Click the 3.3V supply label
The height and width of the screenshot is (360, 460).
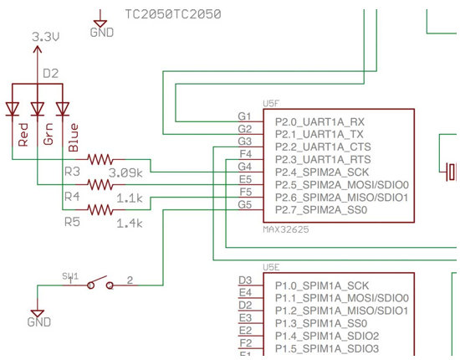pyautogui.click(x=45, y=37)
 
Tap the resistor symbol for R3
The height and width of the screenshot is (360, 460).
pyautogui.click(x=100, y=159)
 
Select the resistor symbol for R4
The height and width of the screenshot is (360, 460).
pyautogui.click(x=100, y=185)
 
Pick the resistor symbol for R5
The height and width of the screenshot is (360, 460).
pyautogui.click(x=100, y=209)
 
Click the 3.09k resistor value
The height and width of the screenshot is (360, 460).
pyautogui.click(x=125, y=173)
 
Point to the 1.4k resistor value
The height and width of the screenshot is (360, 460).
pyautogui.click(x=130, y=224)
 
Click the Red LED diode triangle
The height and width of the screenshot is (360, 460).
pyautogui.click(x=13, y=109)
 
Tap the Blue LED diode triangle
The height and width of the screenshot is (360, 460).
pyautogui.click(x=63, y=109)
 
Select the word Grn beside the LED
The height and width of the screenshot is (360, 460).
pyautogui.click(x=49, y=134)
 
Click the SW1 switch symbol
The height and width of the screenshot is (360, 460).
pyautogui.click(x=100, y=282)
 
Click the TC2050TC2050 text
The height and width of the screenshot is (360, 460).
pyautogui.click(x=173, y=14)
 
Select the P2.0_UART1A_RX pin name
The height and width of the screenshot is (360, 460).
pyautogui.click(x=319, y=121)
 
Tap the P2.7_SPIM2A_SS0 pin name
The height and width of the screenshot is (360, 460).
pyautogui.click(x=321, y=210)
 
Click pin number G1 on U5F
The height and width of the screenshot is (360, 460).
pyautogui.click(x=245, y=116)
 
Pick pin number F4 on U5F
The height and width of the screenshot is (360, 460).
pyautogui.click(x=246, y=153)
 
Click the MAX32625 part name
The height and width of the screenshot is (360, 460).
pyautogui.click(x=286, y=229)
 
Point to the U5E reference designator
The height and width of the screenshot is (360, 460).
pyautogui.click(x=271, y=267)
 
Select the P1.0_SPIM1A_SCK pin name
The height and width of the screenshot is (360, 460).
pyautogui.click(x=322, y=285)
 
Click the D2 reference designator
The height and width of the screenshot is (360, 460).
pyautogui.click(x=51, y=74)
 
